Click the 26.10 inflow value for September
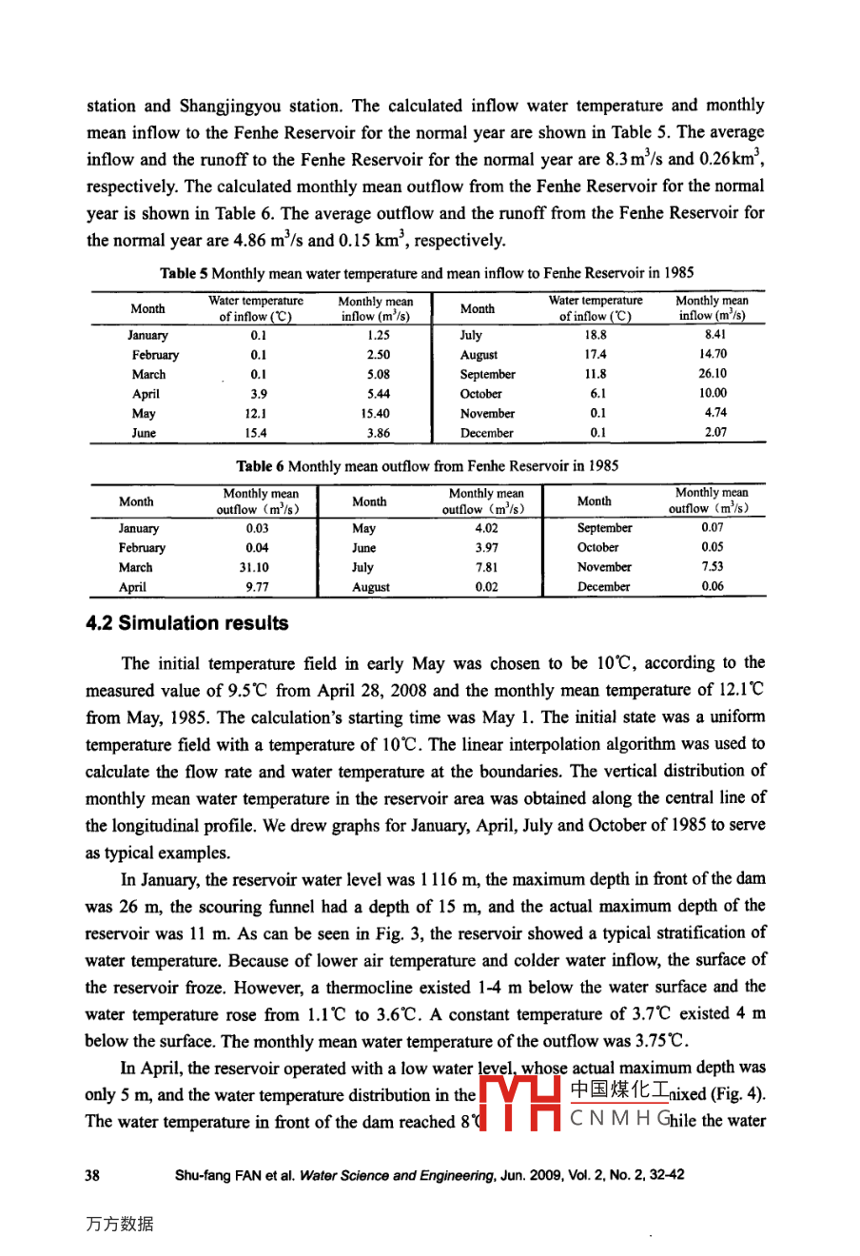click(712, 374)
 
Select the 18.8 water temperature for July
click(596, 335)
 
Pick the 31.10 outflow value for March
click(257, 567)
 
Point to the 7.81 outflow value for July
click(486, 567)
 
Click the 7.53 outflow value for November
click(712, 566)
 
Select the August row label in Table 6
click(371, 587)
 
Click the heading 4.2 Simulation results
click(186, 623)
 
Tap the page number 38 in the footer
click(92, 1175)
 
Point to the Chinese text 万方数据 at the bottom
click(119, 1225)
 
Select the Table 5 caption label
click(185, 273)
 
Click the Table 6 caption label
click(261, 466)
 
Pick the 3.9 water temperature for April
click(258, 394)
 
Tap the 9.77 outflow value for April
click(257, 587)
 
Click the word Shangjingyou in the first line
click(231, 106)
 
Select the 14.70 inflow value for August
click(713, 354)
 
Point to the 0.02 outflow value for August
click(486, 587)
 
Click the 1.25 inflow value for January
click(378, 335)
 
